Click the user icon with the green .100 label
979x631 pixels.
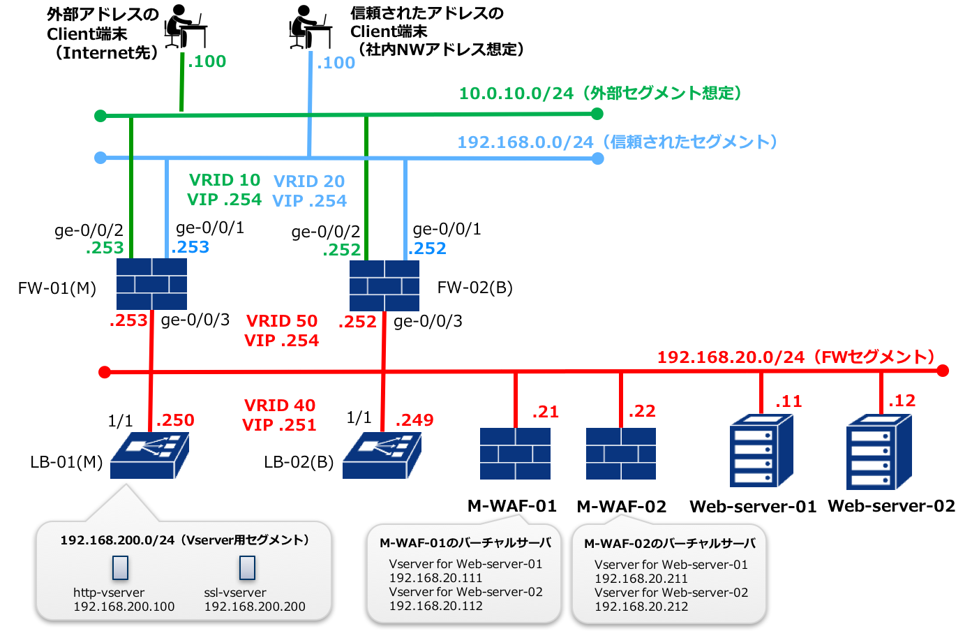click(185, 26)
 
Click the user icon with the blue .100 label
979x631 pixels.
click(311, 27)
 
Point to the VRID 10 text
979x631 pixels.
click(225, 180)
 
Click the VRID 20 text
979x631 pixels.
click(309, 181)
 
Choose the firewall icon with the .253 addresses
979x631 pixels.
click(151, 284)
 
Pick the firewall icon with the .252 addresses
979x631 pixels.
click(384, 285)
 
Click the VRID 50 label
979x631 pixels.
click(282, 321)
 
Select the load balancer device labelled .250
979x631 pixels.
click(149, 455)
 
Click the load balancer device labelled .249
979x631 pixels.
click(382, 455)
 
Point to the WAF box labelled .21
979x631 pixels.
click(515, 454)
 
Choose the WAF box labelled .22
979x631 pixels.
click(621, 454)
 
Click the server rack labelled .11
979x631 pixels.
click(761, 451)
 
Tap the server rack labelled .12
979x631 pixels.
click(879, 452)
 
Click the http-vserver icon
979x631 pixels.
click(120, 567)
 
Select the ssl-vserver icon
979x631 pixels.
click(247, 567)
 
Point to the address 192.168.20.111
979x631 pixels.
click(435, 578)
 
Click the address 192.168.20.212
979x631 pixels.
click(641, 607)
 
